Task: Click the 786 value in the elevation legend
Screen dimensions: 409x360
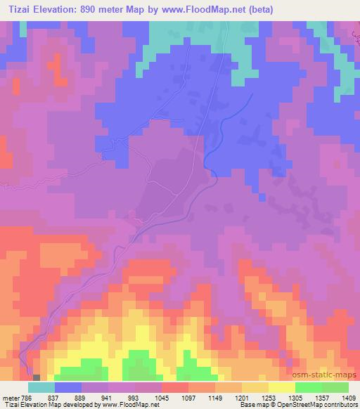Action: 27,396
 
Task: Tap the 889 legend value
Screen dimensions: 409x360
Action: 82,396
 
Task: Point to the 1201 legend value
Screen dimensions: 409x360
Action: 242,396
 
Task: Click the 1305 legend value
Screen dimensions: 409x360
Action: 296,396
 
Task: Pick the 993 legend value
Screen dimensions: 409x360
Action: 136,396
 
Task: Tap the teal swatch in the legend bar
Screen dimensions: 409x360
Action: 41,387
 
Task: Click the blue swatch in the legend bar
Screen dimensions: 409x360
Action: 68,387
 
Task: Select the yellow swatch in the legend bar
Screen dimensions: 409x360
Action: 281,387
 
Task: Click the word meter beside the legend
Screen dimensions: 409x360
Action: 10,396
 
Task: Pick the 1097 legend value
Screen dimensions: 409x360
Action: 189,396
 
